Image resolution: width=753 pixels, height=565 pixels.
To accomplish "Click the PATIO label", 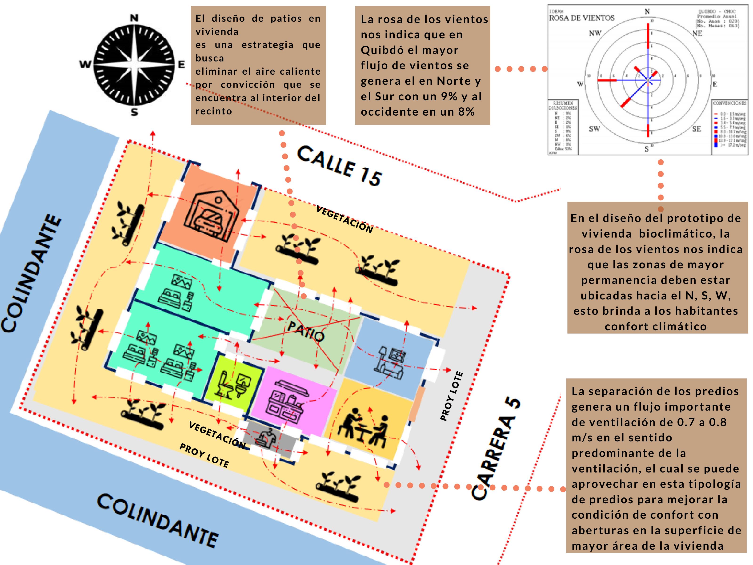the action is point(305,331).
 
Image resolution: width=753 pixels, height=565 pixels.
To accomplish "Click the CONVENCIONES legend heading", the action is point(729,103).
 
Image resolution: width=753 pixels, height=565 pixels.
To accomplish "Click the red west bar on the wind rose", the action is point(607,80).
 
